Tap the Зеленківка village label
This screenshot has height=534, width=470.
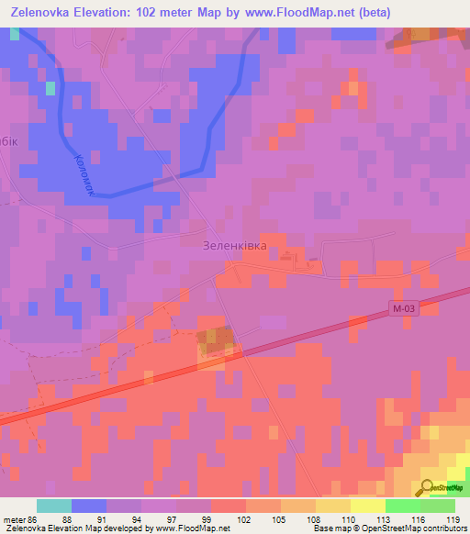[234, 246]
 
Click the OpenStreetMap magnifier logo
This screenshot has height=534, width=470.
[427, 487]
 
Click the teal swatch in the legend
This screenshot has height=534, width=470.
[54, 505]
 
